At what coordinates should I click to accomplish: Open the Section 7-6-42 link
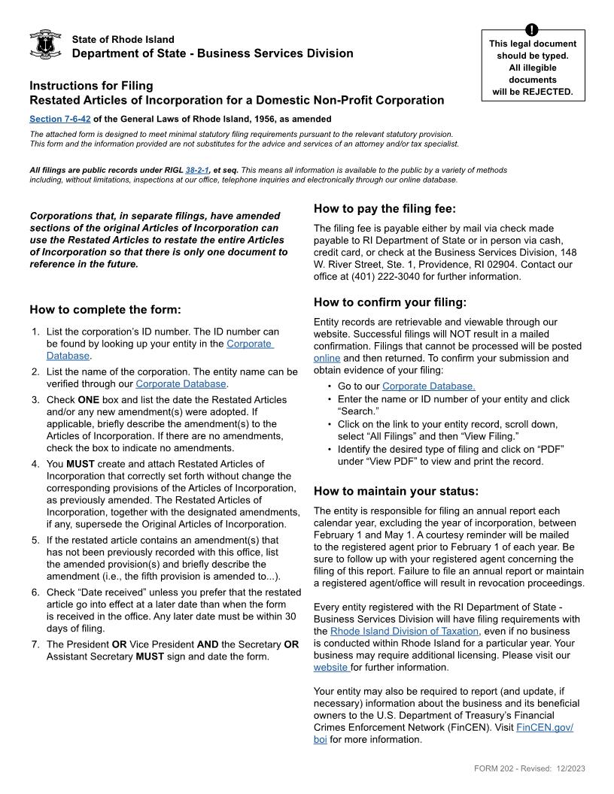(x=59, y=119)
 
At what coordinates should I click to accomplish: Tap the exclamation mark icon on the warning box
(x=532, y=30)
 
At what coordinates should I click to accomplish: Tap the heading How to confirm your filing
(x=390, y=303)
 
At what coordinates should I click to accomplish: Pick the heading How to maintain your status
(x=396, y=492)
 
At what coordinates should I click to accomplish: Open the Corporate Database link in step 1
(x=250, y=344)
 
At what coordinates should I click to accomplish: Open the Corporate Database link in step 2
(x=181, y=383)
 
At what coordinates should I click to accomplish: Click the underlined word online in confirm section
(x=327, y=359)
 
